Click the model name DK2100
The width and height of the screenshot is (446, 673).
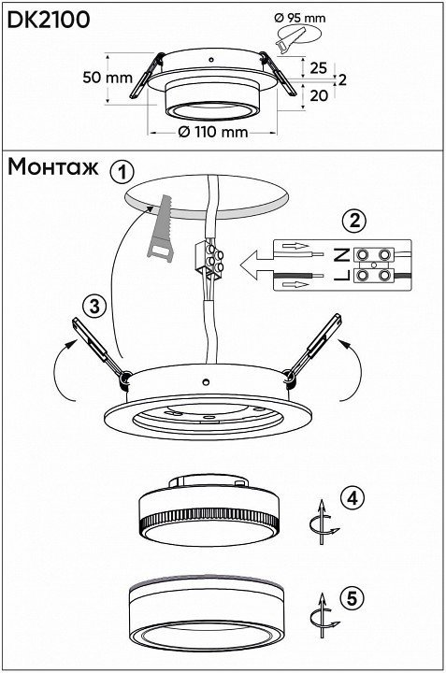(x=49, y=20)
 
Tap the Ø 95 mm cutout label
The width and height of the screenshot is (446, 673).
(x=299, y=18)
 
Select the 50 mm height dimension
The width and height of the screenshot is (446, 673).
(x=108, y=78)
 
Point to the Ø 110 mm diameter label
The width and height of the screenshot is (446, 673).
(x=213, y=132)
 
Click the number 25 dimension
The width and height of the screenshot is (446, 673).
(x=318, y=68)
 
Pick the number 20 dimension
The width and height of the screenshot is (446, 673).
(x=319, y=95)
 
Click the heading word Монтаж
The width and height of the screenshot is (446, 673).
(x=52, y=167)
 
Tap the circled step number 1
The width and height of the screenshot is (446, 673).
(x=122, y=173)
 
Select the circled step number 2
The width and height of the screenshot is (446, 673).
(x=354, y=222)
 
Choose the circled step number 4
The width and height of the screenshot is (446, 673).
(x=352, y=498)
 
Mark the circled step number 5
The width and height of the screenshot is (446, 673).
(x=352, y=598)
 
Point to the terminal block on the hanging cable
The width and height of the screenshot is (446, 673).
(x=209, y=258)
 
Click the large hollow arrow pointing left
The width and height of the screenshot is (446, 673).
(x=257, y=265)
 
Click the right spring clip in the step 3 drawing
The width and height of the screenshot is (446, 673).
(x=314, y=351)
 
